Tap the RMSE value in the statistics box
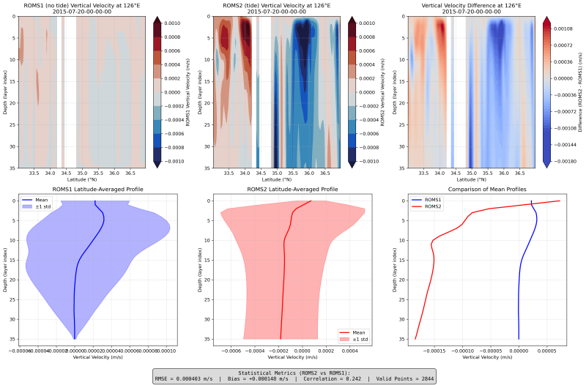(192, 378)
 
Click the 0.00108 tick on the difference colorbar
(568, 29)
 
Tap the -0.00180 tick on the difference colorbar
(568, 161)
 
